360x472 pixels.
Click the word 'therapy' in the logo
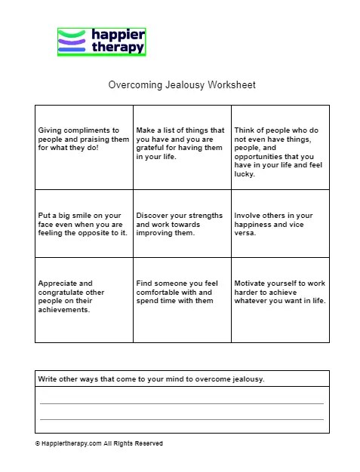116,47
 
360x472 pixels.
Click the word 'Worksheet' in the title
232,85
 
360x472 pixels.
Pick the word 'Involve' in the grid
248,216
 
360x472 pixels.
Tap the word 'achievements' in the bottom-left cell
63,310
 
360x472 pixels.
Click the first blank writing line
181,403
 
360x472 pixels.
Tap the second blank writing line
181,418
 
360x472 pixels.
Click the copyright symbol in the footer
37,444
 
